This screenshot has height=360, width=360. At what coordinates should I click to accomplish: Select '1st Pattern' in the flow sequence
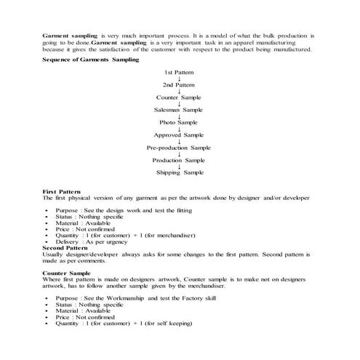[179, 73]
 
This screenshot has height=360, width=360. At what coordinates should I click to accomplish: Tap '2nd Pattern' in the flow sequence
[179, 85]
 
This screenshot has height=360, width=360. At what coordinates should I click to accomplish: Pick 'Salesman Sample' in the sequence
[179, 110]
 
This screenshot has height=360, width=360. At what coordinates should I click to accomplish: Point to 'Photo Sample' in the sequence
[179, 122]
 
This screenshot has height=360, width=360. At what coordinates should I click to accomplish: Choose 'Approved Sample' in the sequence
[179, 135]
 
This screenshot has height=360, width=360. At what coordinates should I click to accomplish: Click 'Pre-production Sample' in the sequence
[179, 147]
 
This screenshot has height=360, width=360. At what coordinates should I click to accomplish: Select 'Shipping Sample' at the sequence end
[179, 172]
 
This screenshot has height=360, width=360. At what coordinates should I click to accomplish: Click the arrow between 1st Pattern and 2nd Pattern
[179, 79]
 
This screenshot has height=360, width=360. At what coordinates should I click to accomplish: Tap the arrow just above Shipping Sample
[179, 166]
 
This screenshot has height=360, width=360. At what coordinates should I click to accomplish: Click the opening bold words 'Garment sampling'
[70, 35]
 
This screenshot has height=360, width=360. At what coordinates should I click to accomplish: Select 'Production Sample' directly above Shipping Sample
[179, 159]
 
